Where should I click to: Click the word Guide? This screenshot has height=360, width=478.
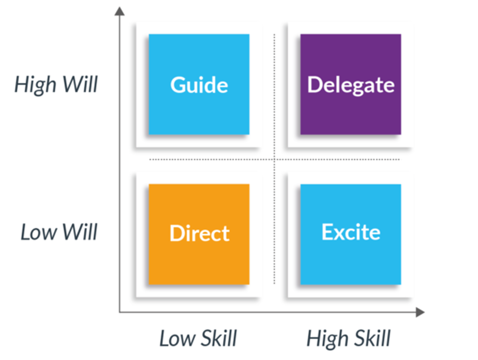tap(199, 85)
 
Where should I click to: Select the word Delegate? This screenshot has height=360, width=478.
tap(350, 85)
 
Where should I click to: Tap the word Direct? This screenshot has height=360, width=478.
tap(199, 233)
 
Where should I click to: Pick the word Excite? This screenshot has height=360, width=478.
tap(350, 232)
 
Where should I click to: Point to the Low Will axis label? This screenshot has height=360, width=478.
tap(58, 233)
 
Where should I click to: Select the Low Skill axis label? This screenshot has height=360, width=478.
tap(198, 339)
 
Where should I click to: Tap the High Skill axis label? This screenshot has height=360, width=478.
tap(348, 339)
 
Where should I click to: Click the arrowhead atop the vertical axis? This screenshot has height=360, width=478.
tap(119, 11)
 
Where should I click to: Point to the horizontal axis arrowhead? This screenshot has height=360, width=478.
tap(420, 312)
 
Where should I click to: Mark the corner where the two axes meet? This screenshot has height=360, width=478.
tap(119, 312)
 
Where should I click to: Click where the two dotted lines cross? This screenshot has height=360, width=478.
tap(274, 159)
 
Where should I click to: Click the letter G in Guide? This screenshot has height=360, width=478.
tap(178, 85)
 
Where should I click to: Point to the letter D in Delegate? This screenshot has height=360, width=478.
tap(315, 85)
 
